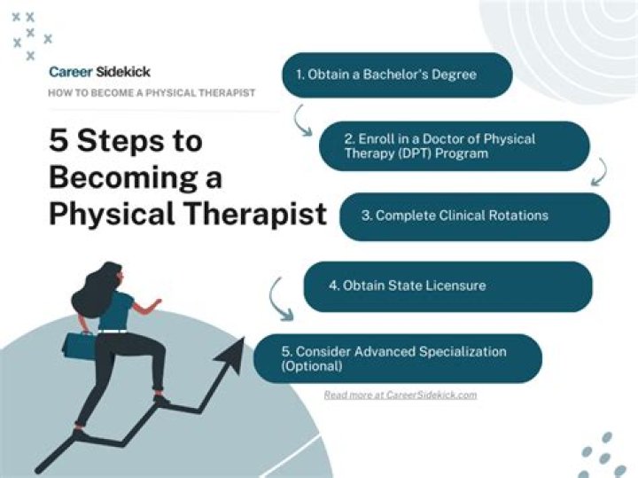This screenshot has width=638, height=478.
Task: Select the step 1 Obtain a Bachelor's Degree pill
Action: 397,74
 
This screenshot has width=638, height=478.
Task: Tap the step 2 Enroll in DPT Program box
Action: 454,146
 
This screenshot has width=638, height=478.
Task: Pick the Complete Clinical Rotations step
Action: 474,216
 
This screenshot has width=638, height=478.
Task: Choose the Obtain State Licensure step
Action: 447,286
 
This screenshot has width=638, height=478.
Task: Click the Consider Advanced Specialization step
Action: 398,358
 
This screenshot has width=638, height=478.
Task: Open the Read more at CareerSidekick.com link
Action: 400,395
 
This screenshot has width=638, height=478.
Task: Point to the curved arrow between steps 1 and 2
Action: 304,120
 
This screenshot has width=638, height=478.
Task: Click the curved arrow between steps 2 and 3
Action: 600,172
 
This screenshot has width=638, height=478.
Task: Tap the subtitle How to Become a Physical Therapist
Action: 152,93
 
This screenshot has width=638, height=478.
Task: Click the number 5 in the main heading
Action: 59,141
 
